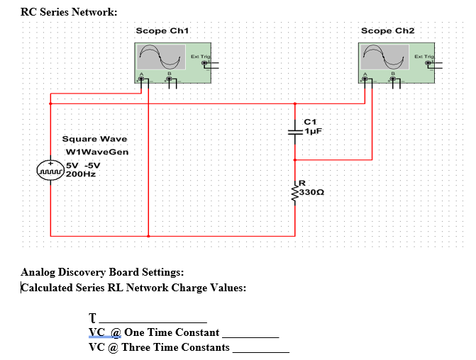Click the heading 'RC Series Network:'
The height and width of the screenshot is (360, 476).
point(69,12)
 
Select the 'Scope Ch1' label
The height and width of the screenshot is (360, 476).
point(162,31)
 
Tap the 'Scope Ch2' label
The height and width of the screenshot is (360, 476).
point(387,31)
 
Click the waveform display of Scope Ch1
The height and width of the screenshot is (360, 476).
point(161,57)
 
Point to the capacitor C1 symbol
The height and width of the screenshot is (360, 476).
point(296,131)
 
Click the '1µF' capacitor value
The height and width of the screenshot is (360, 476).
point(314,131)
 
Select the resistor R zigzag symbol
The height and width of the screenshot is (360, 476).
point(296,191)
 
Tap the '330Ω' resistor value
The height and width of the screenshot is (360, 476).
point(312,192)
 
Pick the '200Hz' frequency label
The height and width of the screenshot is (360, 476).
point(80,174)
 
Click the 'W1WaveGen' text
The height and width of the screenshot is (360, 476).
point(96,152)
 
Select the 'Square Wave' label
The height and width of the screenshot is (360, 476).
point(94,139)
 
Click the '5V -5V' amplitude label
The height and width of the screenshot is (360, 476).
point(83,166)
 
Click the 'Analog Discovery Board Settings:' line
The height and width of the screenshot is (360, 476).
point(102,273)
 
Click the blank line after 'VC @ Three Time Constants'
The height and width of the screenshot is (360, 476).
point(260,351)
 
